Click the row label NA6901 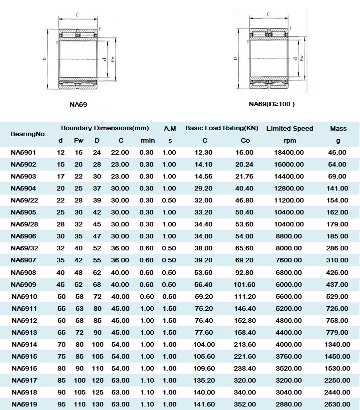(x=23, y=152)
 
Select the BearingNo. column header (x=28, y=134)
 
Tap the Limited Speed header (x=290, y=129)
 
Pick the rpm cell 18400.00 (x=289, y=152)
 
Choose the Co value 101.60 (x=245, y=284)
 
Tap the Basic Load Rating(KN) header (x=222, y=128)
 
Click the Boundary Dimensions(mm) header (x=105, y=128)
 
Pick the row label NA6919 (x=23, y=404)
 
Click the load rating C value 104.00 (x=205, y=344)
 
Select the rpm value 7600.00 (x=289, y=260)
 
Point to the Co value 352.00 (x=245, y=404)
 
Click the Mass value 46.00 (x=338, y=152)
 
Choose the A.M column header (x=170, y=128)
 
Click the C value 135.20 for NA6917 (x=205, y=380)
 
